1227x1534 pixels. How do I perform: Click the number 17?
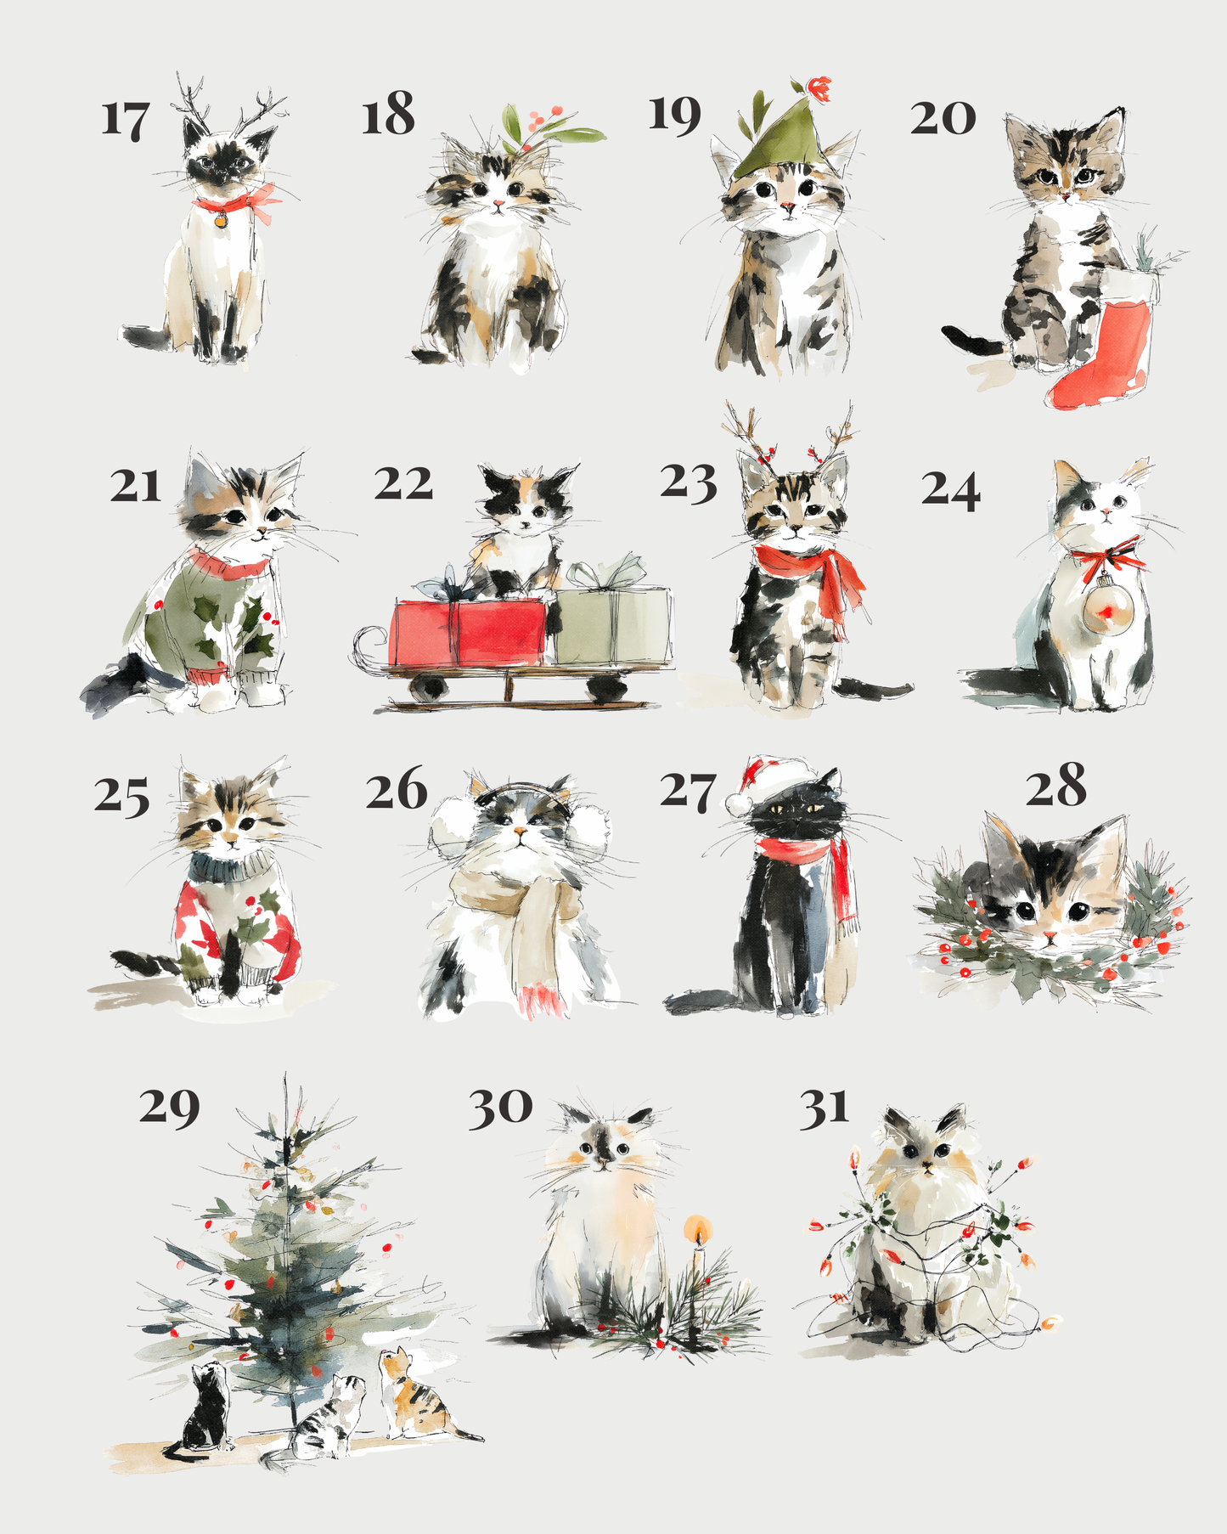click(126, 120)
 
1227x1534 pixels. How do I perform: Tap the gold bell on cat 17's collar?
click(221, 220)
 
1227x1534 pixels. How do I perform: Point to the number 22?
click(403, 484)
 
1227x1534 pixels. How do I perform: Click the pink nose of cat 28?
click(1050, 936)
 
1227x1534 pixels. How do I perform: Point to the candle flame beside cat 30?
click(698, 1228)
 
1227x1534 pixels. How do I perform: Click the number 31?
click(824, 1109)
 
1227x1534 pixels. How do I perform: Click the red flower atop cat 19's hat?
click(819, 87)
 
